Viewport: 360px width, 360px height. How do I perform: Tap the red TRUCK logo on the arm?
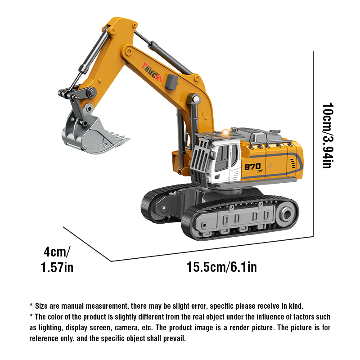[x=152, y=72]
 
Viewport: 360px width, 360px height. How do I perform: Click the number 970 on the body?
[x=252, y=166]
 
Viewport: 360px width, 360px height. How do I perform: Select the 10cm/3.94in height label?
[x=328, y=135]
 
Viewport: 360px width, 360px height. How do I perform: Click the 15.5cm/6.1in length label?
[x=221, y=267]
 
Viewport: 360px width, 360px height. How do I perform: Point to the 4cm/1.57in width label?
[x=57, y=260]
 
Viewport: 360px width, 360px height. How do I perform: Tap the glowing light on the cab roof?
[x=226, y=133]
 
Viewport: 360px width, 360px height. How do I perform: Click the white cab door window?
[x=222, y=158]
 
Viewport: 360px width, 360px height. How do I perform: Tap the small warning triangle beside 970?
[x=270, y=165]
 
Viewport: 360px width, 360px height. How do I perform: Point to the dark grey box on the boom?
[x=171, y=81]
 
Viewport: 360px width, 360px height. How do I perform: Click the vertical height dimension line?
[x=313, y=144]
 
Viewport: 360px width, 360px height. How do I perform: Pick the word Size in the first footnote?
[x=41, y=306]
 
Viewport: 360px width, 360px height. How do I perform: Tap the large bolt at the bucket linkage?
[x=92, y=92]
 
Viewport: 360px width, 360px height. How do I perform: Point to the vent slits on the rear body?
[x=293, y=164]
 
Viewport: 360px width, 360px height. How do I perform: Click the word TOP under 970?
[x=260, y=171]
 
